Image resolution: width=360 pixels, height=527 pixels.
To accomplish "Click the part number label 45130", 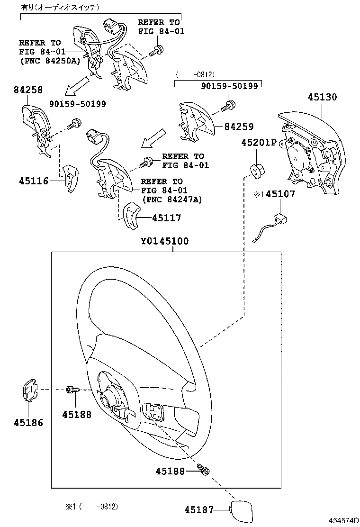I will pos(322,98).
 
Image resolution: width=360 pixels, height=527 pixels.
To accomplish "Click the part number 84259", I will pos(239,127).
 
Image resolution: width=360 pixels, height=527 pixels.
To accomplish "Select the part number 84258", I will pos(28,90).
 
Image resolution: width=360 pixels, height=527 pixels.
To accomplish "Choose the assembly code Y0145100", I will pos(164,241).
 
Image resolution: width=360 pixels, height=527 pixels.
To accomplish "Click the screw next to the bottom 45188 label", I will pos(205,471).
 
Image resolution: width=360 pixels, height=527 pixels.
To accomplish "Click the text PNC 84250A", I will pos(49,60).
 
